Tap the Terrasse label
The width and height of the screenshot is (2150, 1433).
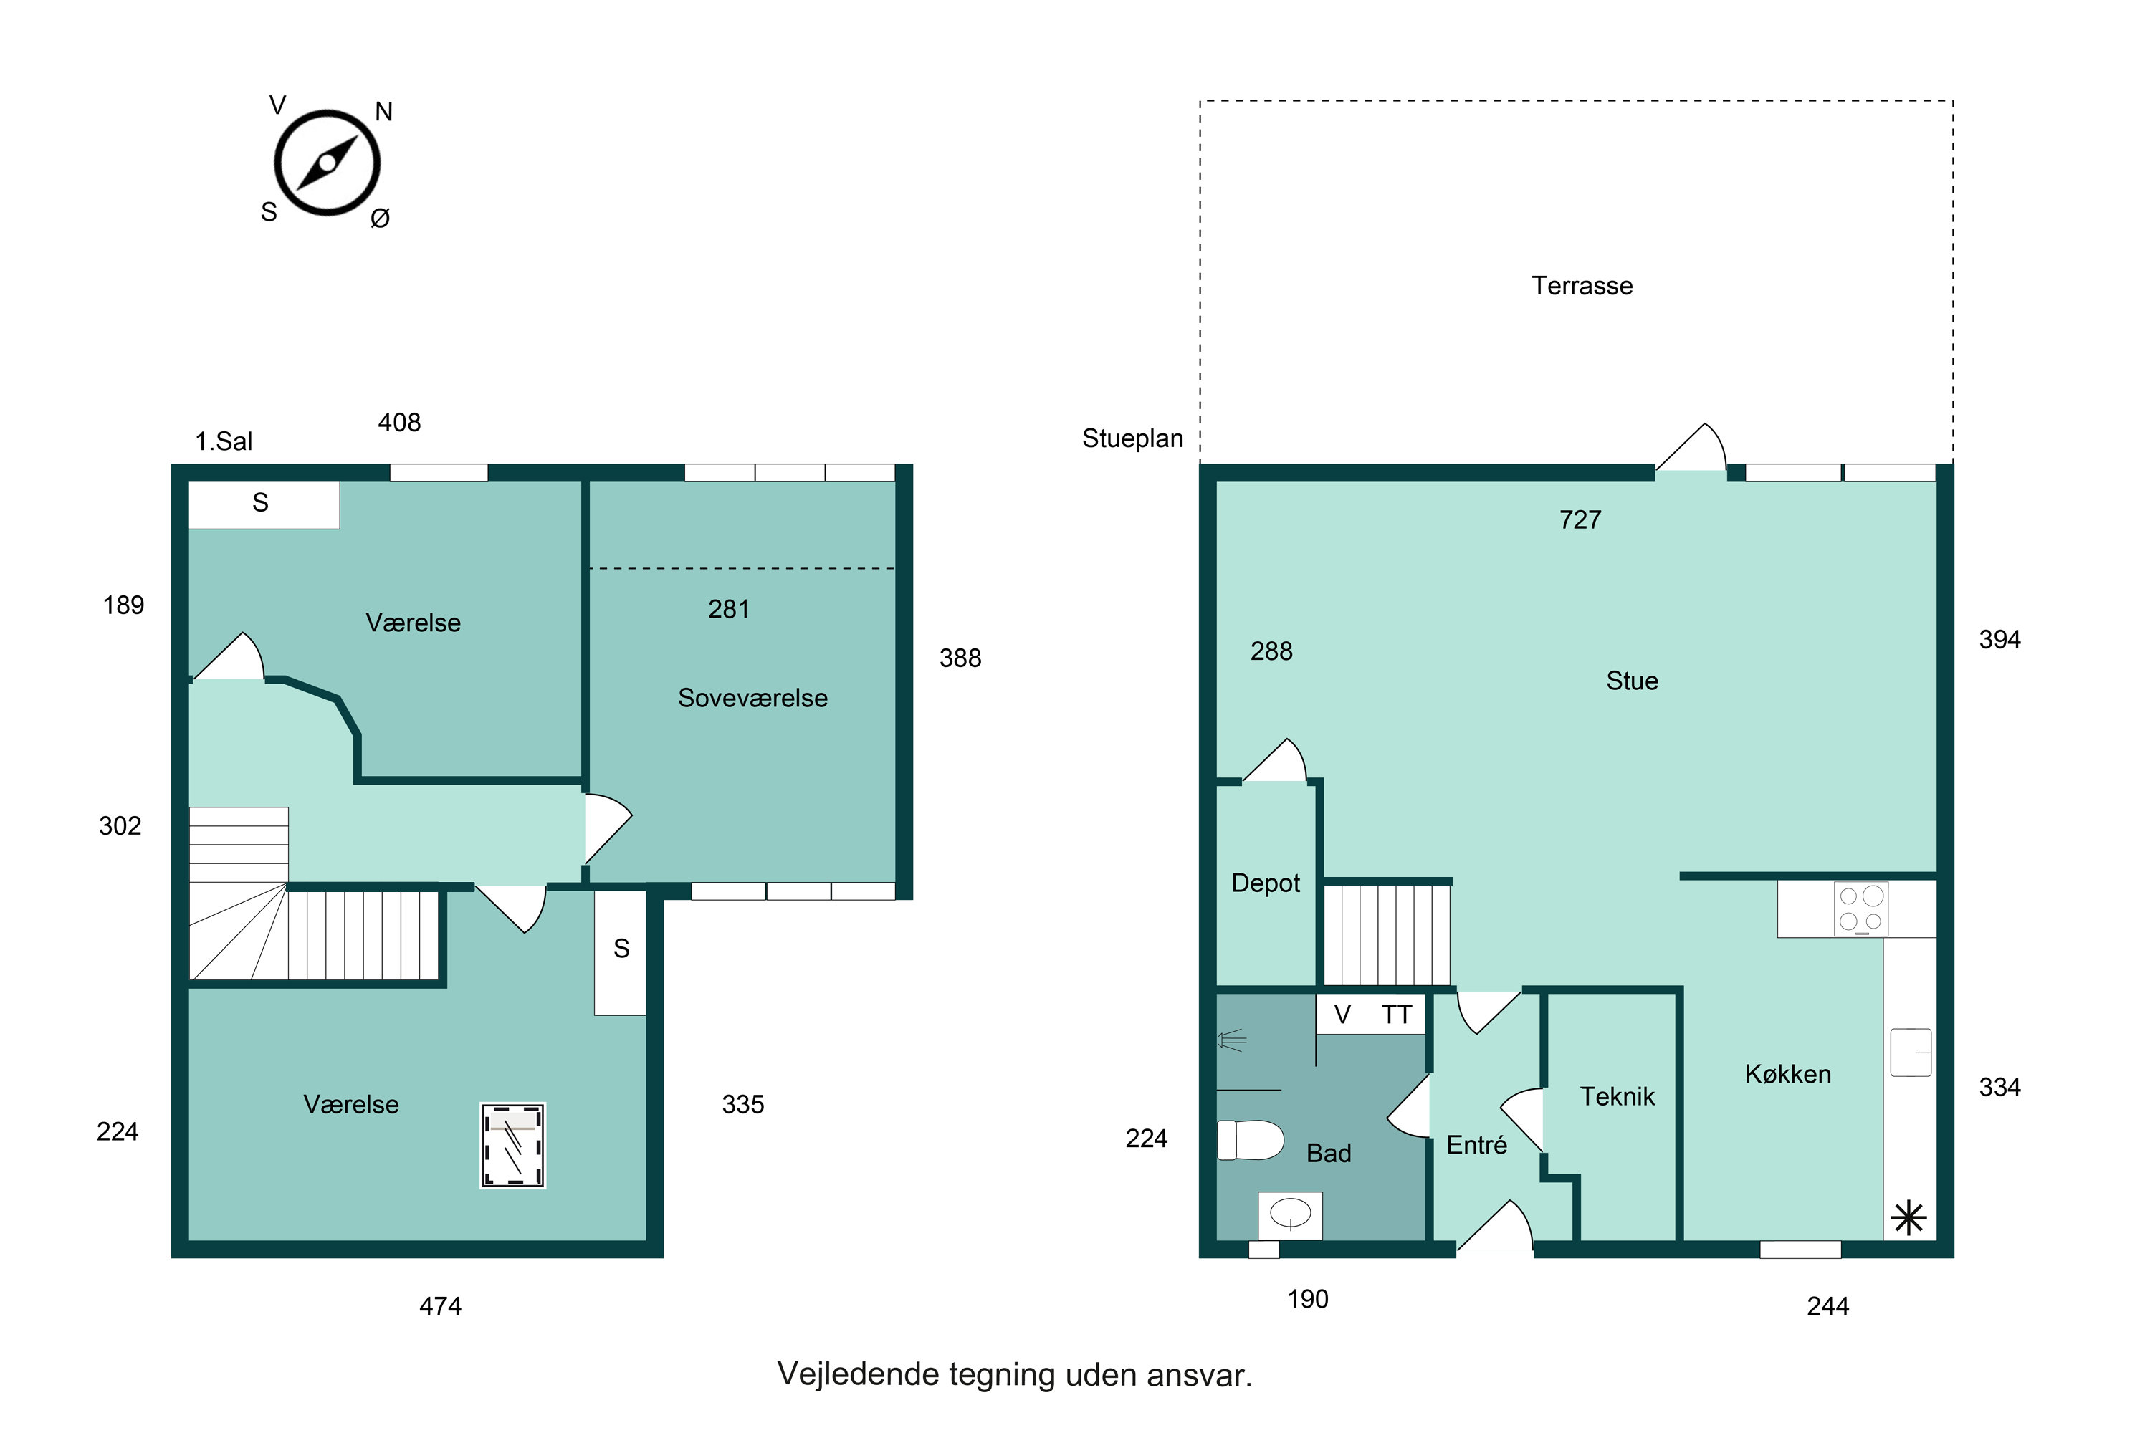(1582, 286)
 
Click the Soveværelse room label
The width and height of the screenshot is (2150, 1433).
(752, 698)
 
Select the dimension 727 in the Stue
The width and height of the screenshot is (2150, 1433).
(1580, 520)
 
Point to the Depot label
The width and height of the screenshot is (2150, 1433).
(1265, 883)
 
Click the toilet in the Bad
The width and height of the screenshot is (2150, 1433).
(1251, 1140)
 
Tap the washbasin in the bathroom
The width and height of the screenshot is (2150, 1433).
(1290, 1214)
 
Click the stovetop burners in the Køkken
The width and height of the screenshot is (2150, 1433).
(1861, 909)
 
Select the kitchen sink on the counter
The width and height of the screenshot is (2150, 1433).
(1911, 1052)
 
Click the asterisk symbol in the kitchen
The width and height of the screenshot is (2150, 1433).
(1908, 1218)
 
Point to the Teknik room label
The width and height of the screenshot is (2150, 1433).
(1617, 1097)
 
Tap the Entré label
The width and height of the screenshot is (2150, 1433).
(1476, 1145)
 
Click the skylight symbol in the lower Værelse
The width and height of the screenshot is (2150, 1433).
(513, 1145)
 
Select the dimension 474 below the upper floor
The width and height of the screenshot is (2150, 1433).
(440, 1307)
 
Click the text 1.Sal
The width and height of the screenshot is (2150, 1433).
(223, 441)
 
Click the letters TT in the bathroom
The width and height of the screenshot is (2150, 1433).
(1397, 1015)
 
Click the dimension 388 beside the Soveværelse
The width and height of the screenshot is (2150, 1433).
(960, 658)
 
